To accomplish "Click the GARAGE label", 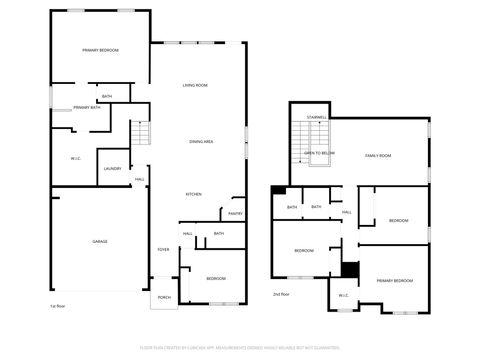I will pos(100,242).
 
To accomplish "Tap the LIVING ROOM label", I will pos(195,86).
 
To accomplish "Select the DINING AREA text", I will pos(201,142).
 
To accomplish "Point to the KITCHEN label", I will pos(195,194).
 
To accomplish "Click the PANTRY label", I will pos(235,213).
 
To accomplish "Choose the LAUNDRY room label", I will pos(112,168).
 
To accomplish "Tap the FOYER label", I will pos(163,250).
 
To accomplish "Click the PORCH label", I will pos(164,297).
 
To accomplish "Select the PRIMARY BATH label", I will pos(87,107).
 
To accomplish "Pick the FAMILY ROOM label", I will pos(377,156).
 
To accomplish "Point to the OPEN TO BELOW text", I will pos(319,153).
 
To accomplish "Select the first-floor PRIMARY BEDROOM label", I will pos(100,49).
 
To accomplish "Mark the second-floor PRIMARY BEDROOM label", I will pos(394,281).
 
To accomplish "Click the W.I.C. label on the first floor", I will pos(76,158).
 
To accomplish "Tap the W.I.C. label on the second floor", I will pos(343,295).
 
